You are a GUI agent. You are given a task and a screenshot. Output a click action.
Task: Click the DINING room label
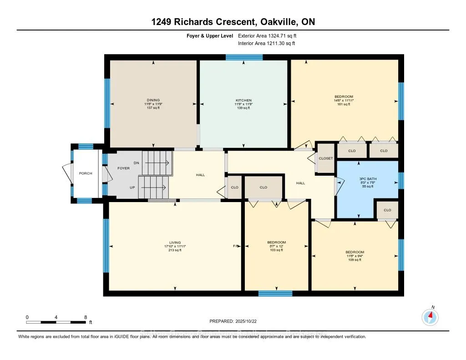153,100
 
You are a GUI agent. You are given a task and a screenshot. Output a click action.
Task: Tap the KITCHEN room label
243,100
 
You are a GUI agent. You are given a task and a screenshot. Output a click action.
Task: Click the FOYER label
123,168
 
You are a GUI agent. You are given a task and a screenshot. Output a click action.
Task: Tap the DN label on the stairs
136,162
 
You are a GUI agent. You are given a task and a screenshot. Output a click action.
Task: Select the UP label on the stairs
132,187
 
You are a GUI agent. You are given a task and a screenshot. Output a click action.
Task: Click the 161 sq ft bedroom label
344,96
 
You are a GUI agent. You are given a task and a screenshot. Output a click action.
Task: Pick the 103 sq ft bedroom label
276,242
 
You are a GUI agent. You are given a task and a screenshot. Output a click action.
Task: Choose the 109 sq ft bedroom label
355,252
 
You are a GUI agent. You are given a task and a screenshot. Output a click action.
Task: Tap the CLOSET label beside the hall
326,158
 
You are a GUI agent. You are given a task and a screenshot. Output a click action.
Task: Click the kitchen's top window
244,57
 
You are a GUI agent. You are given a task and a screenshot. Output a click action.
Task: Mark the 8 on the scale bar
86,317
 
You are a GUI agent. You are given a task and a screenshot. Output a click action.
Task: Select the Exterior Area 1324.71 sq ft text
270,35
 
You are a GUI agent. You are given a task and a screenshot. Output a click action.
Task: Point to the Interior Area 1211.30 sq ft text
267,43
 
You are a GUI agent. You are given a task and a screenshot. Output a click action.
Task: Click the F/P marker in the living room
236,246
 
